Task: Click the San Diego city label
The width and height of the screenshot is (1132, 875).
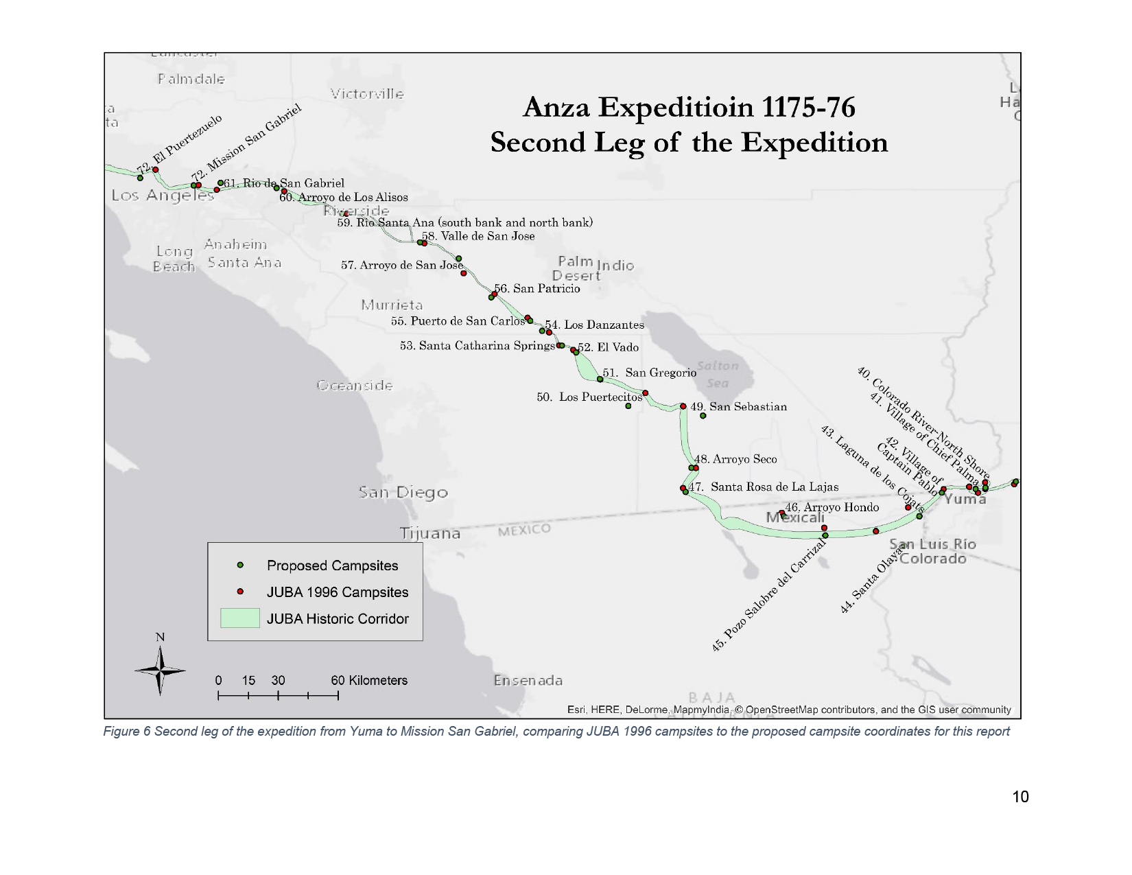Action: [x=403, y=492]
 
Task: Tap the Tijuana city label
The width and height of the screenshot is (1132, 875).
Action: [x=430, y=533]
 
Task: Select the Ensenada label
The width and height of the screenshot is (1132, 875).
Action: [x=528, y=680]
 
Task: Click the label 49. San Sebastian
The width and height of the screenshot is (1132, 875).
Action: [x=738, y=406]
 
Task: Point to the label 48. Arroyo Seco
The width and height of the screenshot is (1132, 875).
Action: [x=735, y=459]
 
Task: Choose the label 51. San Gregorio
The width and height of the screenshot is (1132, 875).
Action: [x=649, y=373]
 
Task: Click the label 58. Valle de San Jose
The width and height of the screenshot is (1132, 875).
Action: [x=478, y=236]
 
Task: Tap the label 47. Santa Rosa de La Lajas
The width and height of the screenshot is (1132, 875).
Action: [x=764, y=487]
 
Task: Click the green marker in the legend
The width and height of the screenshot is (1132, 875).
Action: [x=240, y=565]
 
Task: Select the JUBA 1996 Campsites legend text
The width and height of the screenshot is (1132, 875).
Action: [x=337, y=592]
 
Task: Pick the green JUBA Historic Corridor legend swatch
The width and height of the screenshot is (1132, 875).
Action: [x=239, y=618]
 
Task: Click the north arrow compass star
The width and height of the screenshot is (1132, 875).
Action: [x=160, y=670]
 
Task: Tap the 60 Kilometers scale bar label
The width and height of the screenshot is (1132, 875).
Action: [x=369, y=680]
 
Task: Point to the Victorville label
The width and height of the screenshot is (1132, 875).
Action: [x=367, y=94]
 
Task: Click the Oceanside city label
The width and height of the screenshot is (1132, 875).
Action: [x=355, y=385]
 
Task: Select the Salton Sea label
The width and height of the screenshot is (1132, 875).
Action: [x=718, y=374]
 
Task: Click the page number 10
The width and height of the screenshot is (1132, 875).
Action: [x=1020, y=796]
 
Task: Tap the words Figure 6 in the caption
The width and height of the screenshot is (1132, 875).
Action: [x=127, y=731]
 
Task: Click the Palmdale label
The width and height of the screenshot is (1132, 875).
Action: [x=191, y=79]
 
